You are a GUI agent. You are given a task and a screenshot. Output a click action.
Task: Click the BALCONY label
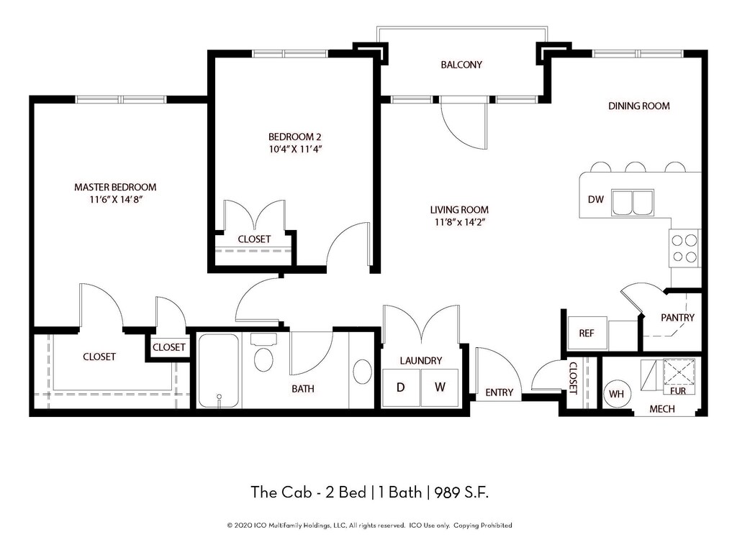(x=461, y=65)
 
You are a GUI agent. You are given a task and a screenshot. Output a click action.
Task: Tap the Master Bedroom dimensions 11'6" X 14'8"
(x=116, y=200)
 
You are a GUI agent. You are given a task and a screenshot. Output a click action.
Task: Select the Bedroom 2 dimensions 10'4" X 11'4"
(x=294, y=150)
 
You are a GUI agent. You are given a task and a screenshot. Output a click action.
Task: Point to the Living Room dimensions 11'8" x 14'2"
(x=459, y=222)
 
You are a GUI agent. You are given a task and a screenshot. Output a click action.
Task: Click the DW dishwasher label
(x=595, y=200)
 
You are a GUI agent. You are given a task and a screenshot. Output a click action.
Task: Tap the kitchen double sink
(x=633, y=202)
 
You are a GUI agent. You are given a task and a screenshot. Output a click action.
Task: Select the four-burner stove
(x=684, y=249)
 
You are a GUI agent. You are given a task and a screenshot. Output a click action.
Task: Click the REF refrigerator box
(x=587, y=334)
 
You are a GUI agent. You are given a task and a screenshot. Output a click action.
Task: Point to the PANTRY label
(x=677, y=318)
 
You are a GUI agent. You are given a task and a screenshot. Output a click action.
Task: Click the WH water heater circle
(x=617, y=393)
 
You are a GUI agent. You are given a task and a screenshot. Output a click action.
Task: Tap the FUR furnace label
(x=678, y=390)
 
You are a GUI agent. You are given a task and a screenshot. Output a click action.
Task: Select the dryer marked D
(x=401, y=387)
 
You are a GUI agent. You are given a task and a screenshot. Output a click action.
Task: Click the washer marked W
(x=440, y=387)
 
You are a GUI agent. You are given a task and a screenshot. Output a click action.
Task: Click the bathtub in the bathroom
(x=218, y=370)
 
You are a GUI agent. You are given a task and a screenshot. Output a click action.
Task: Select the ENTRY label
(x=499, y=393)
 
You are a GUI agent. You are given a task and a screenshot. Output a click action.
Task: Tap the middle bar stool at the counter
(x=636, y=168)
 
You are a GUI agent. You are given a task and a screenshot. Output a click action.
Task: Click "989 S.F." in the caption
(x=461, y=492)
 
